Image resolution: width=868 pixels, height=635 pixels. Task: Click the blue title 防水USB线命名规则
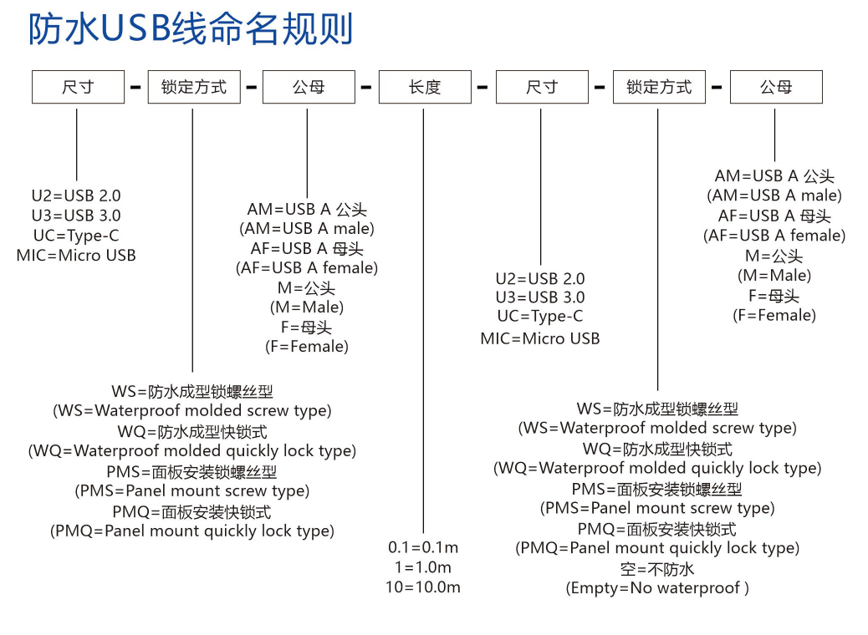click(x=191, y=28)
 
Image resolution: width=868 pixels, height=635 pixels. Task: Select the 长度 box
click(x=425, y=87)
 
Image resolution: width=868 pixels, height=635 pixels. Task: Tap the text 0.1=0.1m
click(x=423, y=547)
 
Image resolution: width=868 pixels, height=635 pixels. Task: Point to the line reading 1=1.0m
click(x=423, y=567)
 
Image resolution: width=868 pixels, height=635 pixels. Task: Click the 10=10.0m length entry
click(x=423, y=587)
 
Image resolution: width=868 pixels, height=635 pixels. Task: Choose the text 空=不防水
click(x=657, y=569)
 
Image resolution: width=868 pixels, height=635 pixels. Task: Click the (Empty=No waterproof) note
click(x=657, y=588)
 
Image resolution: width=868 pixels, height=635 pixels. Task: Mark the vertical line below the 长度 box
click(x=423, y=321)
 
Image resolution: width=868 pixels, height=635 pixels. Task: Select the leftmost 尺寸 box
click(x=78, y=87)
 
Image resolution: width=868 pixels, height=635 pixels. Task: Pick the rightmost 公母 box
click(x=776, y=87)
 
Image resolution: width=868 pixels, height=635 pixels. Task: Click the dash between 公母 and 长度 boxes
click(x=366, y=87)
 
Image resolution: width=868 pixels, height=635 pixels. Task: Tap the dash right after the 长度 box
click(x=483, y=87)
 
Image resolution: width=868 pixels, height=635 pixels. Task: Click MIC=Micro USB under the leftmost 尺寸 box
click(x=76, y=255)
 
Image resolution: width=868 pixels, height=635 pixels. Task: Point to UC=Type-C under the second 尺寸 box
click(x=540, y=317)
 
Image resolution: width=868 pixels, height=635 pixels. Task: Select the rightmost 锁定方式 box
click(x=659, y=87)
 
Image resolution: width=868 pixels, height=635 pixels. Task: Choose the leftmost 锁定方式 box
click(x=194, y=87)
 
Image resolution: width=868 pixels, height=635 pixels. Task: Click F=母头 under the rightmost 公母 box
click(x=774, y=296)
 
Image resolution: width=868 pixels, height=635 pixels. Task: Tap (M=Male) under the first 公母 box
click(x=307, y=307)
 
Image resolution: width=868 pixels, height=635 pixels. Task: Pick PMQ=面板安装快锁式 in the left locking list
click(x=192, y=511)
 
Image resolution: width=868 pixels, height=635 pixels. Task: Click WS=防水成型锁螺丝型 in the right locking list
click(x=657, y=409)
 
